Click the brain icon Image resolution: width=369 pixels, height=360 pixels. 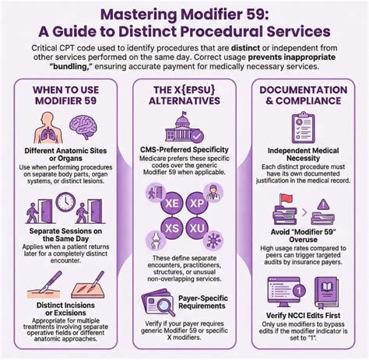(x=79, y=127)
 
